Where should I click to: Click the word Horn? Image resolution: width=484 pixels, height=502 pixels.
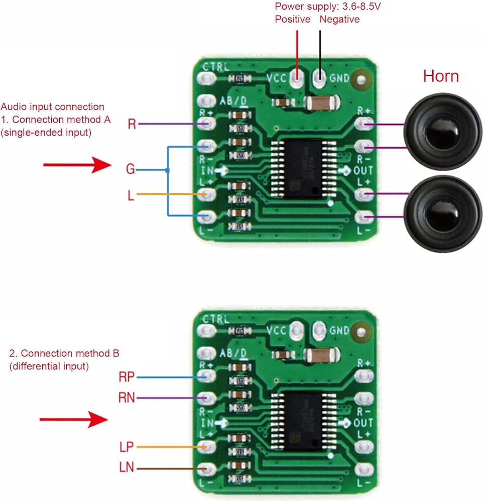point(441,76)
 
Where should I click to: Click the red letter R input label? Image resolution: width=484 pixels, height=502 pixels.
point(132,124)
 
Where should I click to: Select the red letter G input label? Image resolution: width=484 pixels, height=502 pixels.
point(131,170)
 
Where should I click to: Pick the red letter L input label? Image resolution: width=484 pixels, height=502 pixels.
point(131,195)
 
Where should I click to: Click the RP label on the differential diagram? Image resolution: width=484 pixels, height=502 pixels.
point(127,376)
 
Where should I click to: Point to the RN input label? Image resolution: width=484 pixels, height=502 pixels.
point(127,399)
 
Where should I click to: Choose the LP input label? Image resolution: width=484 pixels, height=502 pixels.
point(127,446)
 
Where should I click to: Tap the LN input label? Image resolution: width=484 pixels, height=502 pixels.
point(127,469)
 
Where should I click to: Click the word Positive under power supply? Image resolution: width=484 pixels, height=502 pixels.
point(293,20)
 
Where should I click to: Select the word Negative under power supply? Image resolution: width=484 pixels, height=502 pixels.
point(339,20)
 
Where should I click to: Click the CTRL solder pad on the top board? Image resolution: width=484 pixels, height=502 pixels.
point(206,78)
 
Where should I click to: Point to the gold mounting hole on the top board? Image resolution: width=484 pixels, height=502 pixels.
point(359,79)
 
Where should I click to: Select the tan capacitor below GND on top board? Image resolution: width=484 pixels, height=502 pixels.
point(320,103)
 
